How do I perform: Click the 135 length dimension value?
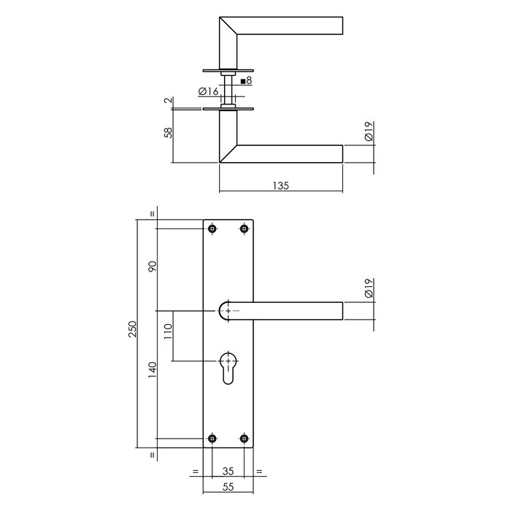point(281,185)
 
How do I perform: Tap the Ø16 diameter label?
point(208,92)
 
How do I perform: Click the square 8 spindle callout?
point(246,80)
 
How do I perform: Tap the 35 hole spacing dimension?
point(228,472)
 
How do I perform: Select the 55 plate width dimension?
point(228,488)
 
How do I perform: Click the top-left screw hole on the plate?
point(212,228)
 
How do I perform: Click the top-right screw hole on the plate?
point(244,228)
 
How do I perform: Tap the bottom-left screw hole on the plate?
point(212,439)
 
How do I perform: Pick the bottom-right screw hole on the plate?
point(244,439)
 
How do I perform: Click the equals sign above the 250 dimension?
point(152,214)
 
